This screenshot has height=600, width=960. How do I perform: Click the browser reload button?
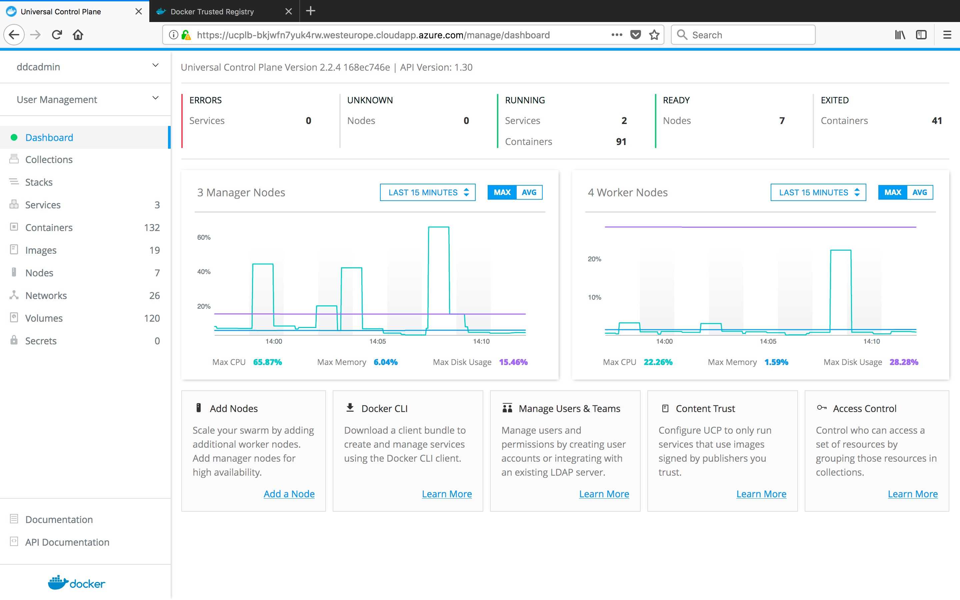tap(57, 35)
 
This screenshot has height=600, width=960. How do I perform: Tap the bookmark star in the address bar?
tap(654, 35)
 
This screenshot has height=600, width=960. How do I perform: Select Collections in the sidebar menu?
tap(49, 160)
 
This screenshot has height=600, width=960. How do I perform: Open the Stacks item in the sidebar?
tap(39, 182)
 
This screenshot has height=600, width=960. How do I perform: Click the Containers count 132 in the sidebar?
tap(152, 227)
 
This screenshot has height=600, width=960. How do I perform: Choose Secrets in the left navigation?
tap(41, 341)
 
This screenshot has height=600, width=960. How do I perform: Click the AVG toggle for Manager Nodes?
tap(529, 192)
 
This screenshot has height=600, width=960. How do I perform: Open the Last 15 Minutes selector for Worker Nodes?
tap(818, 192)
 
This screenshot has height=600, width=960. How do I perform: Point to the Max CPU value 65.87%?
tap(267, 362)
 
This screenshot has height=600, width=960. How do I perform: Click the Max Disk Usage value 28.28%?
tap(904, 362)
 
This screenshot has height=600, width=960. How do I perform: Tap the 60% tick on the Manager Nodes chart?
tap(204, 237)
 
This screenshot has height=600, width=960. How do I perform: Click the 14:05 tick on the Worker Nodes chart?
tap(768, 341)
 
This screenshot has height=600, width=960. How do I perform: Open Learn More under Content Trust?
tap(761, 494)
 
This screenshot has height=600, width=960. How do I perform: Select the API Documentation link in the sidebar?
tap(67, 542)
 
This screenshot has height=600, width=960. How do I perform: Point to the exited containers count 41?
tap(937, 121)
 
